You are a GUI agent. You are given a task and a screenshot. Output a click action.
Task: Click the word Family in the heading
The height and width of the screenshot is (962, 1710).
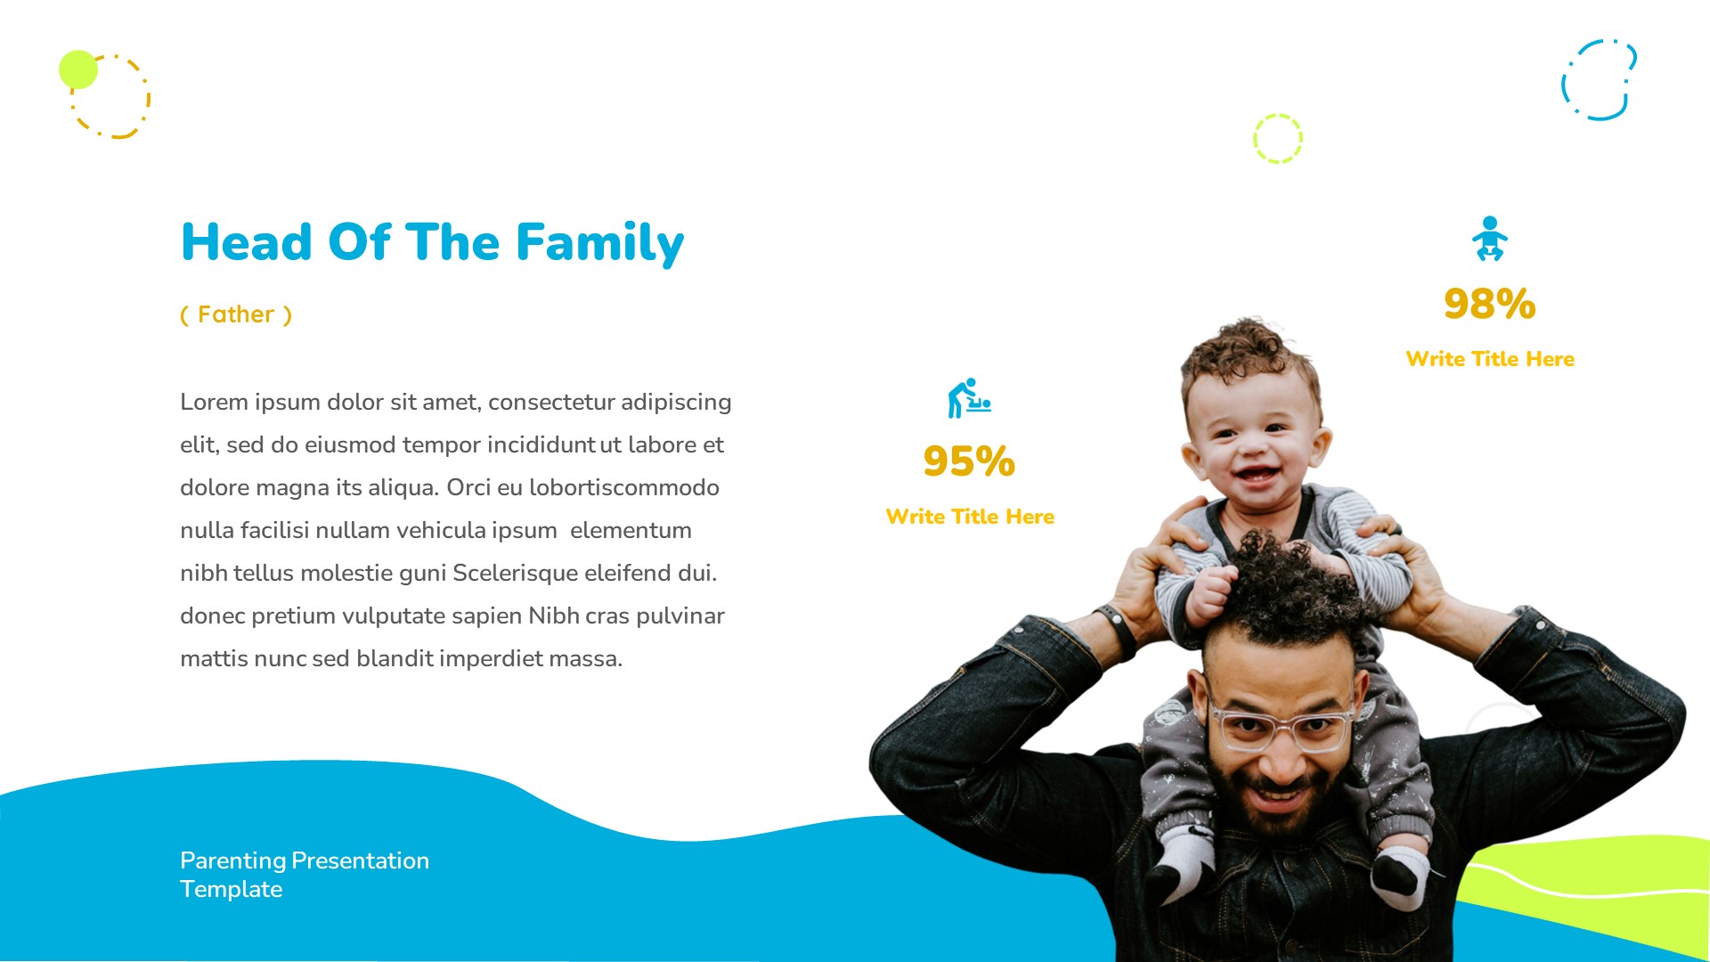(x=599, y=242)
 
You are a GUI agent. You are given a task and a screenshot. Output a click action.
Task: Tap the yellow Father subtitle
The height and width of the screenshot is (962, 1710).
(x=236, y=314)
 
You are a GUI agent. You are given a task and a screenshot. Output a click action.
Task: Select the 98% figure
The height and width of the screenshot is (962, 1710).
(x=1489, y=304)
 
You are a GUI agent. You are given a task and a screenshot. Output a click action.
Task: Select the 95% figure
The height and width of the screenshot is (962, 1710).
(x=969, y=461)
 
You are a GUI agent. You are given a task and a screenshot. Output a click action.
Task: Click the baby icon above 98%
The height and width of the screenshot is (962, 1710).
(x=1489, y=239)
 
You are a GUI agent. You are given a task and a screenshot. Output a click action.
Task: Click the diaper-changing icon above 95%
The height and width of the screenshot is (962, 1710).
(x=969, y=398)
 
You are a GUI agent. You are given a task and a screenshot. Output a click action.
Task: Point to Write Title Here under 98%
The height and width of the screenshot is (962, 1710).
(x=1489, y=359)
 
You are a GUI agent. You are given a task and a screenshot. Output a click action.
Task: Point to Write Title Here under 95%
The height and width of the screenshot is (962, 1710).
(x=969, y=517)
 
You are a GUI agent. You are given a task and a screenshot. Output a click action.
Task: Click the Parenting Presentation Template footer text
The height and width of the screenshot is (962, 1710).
(x=304, y=875)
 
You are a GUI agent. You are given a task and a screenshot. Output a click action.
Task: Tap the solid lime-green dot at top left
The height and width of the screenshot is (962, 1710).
(x=78, y=69)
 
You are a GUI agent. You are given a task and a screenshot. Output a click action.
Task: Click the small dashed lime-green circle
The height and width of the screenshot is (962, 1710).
(x=1277, y=139)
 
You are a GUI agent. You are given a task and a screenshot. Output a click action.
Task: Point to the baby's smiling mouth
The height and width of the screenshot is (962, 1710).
(x=1257, y=473)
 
